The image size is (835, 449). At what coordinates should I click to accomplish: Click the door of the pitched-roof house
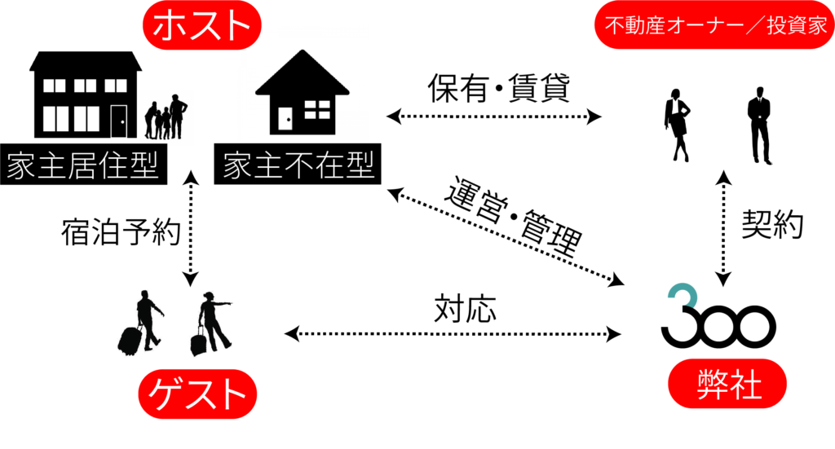(285, 119)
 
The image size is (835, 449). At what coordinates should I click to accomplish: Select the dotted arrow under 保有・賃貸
(493, 117)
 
